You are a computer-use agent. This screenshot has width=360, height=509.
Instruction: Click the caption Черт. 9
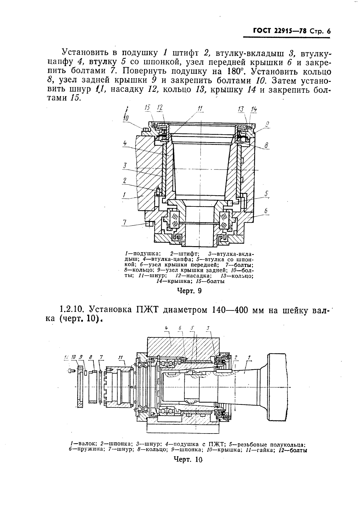coord(189,291)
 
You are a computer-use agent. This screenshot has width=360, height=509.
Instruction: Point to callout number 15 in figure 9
coord(147,108)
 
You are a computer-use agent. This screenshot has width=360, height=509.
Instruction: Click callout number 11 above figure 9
coord(200,109)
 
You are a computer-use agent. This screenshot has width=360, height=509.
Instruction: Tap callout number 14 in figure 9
coord(254,109)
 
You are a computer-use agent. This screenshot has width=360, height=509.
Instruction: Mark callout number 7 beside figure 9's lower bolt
coord(124,222)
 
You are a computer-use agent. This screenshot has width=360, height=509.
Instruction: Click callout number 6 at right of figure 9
coord(266,210)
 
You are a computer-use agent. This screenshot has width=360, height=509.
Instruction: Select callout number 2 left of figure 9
coord(124,180)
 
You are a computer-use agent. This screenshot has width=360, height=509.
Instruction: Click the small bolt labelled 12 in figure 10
coord(71,371)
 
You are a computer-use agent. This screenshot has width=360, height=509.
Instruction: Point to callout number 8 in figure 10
coord(90,357)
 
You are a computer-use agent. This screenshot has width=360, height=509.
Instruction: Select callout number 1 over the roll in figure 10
coord(249,358)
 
